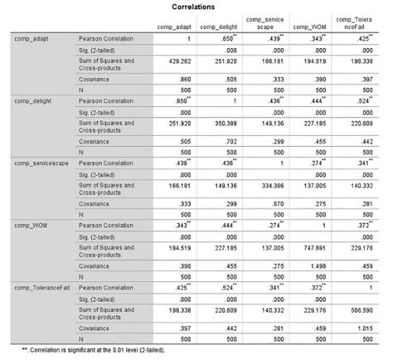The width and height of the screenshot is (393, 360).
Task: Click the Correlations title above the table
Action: tap(196, 6)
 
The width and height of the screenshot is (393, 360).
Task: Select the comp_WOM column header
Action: tap(310, 28)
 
